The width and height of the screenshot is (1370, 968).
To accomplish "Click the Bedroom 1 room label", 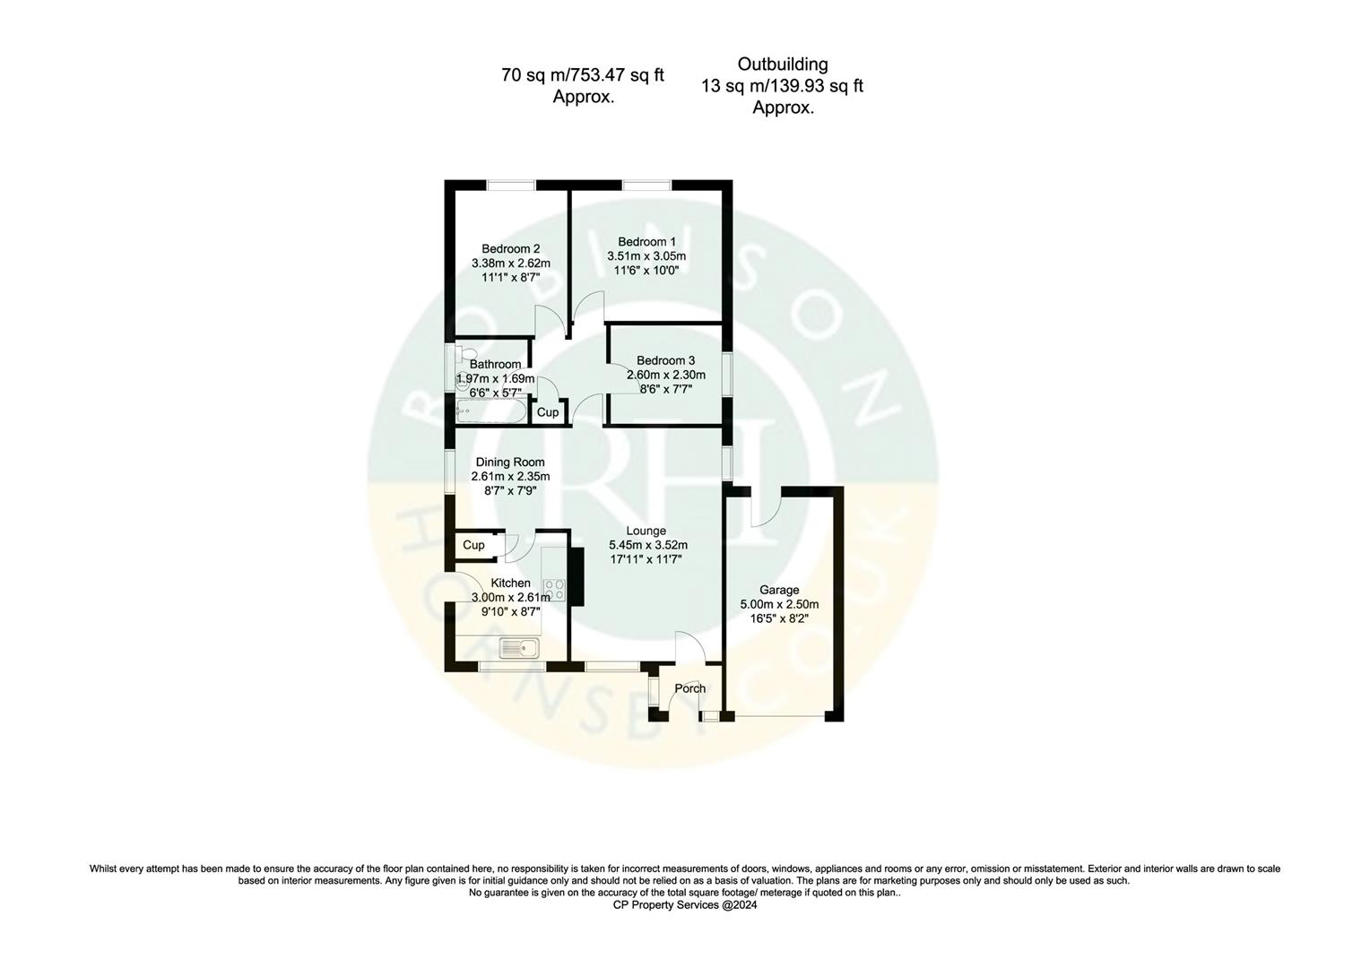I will [646, 242].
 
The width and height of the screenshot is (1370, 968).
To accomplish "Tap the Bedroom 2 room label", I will [510, 249].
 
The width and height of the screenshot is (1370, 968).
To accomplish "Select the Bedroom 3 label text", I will [665, 360].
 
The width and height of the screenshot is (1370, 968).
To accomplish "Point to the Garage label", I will [778, 590].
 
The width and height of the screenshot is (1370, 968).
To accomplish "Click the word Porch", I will [689, 688].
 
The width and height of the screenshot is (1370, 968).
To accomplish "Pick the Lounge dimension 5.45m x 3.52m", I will [647, 545].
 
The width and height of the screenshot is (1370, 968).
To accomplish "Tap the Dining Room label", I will [510, 462].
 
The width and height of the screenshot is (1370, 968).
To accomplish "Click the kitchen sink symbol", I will [518, 647].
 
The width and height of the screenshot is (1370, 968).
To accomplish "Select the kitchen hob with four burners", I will [555, 590].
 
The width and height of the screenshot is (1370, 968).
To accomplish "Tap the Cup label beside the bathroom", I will [547, 412].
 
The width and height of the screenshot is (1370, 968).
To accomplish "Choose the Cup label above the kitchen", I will [473, 545].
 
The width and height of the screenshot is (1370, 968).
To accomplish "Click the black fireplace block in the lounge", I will [577, 577].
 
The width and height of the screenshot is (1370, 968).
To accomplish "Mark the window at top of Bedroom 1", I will [646, 186].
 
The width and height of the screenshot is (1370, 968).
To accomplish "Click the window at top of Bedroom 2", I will [510, 186].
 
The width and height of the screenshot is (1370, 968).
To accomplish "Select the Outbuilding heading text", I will [782, 65].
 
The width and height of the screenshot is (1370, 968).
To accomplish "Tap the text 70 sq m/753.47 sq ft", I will [582, 75].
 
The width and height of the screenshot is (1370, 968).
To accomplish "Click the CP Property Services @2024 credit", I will [684, 905].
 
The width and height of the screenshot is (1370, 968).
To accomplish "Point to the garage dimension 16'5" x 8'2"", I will [778, 618].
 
